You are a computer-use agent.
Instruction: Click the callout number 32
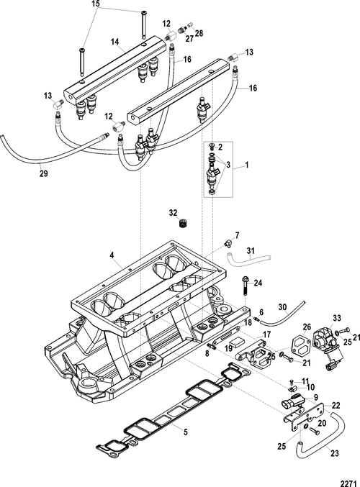174,213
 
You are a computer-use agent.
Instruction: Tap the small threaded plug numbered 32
183,223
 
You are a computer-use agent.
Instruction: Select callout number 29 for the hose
44,173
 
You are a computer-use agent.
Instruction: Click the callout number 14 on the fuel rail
115,41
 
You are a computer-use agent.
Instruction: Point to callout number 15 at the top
96,4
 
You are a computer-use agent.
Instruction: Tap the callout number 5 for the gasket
186,432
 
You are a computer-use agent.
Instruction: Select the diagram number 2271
348,483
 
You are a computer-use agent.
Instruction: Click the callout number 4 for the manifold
112,255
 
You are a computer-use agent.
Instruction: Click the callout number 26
307,327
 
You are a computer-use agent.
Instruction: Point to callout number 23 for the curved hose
335,453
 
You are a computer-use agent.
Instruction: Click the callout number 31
251,250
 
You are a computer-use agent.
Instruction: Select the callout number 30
282,307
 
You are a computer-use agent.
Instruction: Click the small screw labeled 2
212,146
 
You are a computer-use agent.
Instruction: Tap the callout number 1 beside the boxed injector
247,165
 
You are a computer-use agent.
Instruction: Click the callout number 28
199,33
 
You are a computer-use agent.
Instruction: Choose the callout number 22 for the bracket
336,405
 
